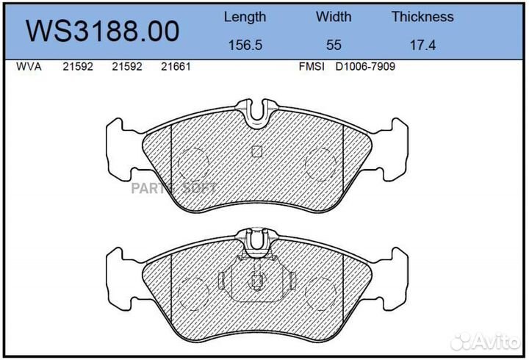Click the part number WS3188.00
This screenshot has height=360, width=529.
(103, 31)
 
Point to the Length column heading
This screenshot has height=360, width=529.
(245, 17)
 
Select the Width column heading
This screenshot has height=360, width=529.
(334, 17)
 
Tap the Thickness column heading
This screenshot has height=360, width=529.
(422, 17)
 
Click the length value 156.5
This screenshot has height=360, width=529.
(245, 46)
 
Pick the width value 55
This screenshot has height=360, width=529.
(334, 46)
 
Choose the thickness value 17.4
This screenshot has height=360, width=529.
(422, 46)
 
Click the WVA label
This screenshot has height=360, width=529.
(29, 66)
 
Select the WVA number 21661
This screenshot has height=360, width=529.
(176, 66)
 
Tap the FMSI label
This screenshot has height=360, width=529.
(312, 66)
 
